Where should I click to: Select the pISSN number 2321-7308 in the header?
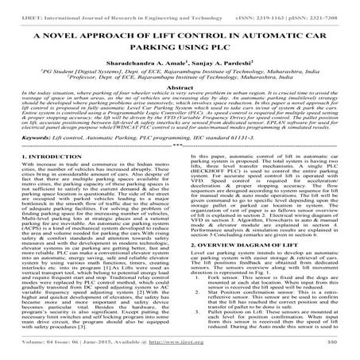click(336, 6)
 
